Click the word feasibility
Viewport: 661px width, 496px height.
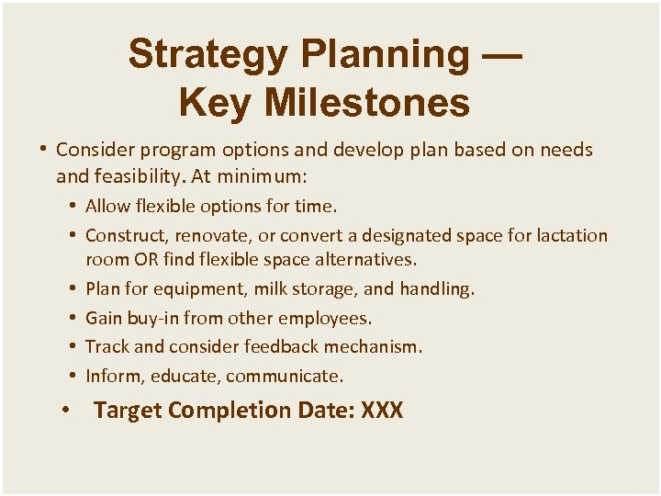click(134, 174)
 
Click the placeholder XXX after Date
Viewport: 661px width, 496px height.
click(382, 410)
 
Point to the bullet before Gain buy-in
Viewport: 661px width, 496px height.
click(73, 318)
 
